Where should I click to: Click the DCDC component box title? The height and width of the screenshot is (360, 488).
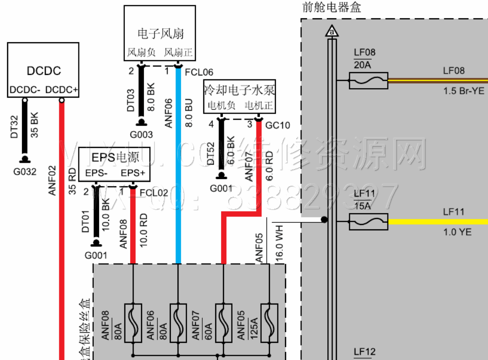44,71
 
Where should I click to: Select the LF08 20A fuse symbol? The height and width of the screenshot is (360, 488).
368,81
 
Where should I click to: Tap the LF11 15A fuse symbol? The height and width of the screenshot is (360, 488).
368,221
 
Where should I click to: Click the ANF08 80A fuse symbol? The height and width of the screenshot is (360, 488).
133,323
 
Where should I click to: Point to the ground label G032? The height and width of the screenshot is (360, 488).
25,172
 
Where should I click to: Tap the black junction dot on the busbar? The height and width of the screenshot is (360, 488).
324,220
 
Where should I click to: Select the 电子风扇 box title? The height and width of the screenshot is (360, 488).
160,34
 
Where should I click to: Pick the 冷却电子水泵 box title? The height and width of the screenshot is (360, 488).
239,90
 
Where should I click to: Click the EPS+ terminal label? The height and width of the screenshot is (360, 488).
133,173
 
